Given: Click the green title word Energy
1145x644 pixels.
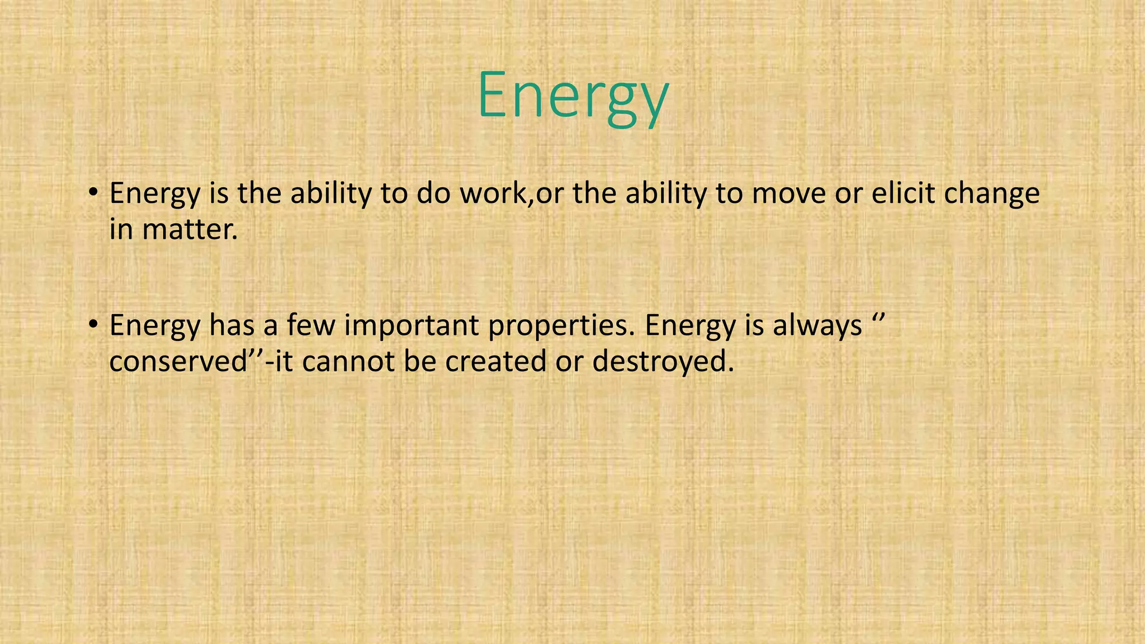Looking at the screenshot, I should coord(572,95).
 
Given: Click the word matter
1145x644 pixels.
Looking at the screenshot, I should coord(190,229).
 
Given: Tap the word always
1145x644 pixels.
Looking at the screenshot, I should coord(817,326).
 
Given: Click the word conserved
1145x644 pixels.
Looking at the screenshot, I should coord(178,362).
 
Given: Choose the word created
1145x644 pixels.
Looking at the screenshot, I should coord(495,362).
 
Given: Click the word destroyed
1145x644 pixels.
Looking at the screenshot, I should coord(662,362).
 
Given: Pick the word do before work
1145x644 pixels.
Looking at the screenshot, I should coord(433,193).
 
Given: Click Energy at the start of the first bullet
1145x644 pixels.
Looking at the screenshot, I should coord(154,195).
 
